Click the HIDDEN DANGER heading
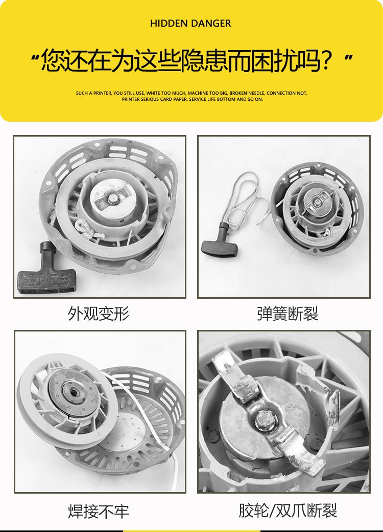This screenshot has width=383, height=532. click(190, 24)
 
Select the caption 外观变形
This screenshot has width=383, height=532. click(99, 313)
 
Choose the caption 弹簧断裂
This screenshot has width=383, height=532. click(287, 313)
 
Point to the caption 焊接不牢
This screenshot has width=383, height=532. click(99, 512)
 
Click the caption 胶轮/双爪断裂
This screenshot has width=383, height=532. click(288, 511)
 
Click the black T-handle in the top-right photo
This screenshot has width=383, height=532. click(220, 240)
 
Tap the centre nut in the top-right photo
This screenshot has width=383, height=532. click(317, 203)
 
